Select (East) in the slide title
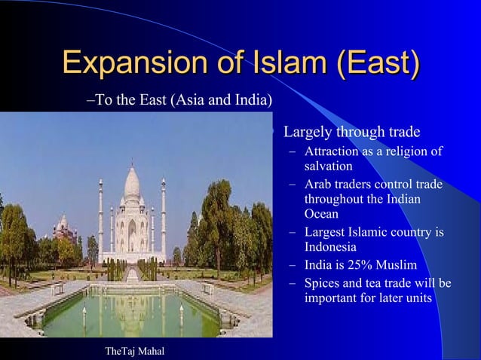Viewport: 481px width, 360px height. coord(378,62)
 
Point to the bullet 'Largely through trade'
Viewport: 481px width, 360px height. coord(351,133)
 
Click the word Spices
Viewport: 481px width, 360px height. coord(323,283)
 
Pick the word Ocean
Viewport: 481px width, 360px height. coord(321,214)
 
